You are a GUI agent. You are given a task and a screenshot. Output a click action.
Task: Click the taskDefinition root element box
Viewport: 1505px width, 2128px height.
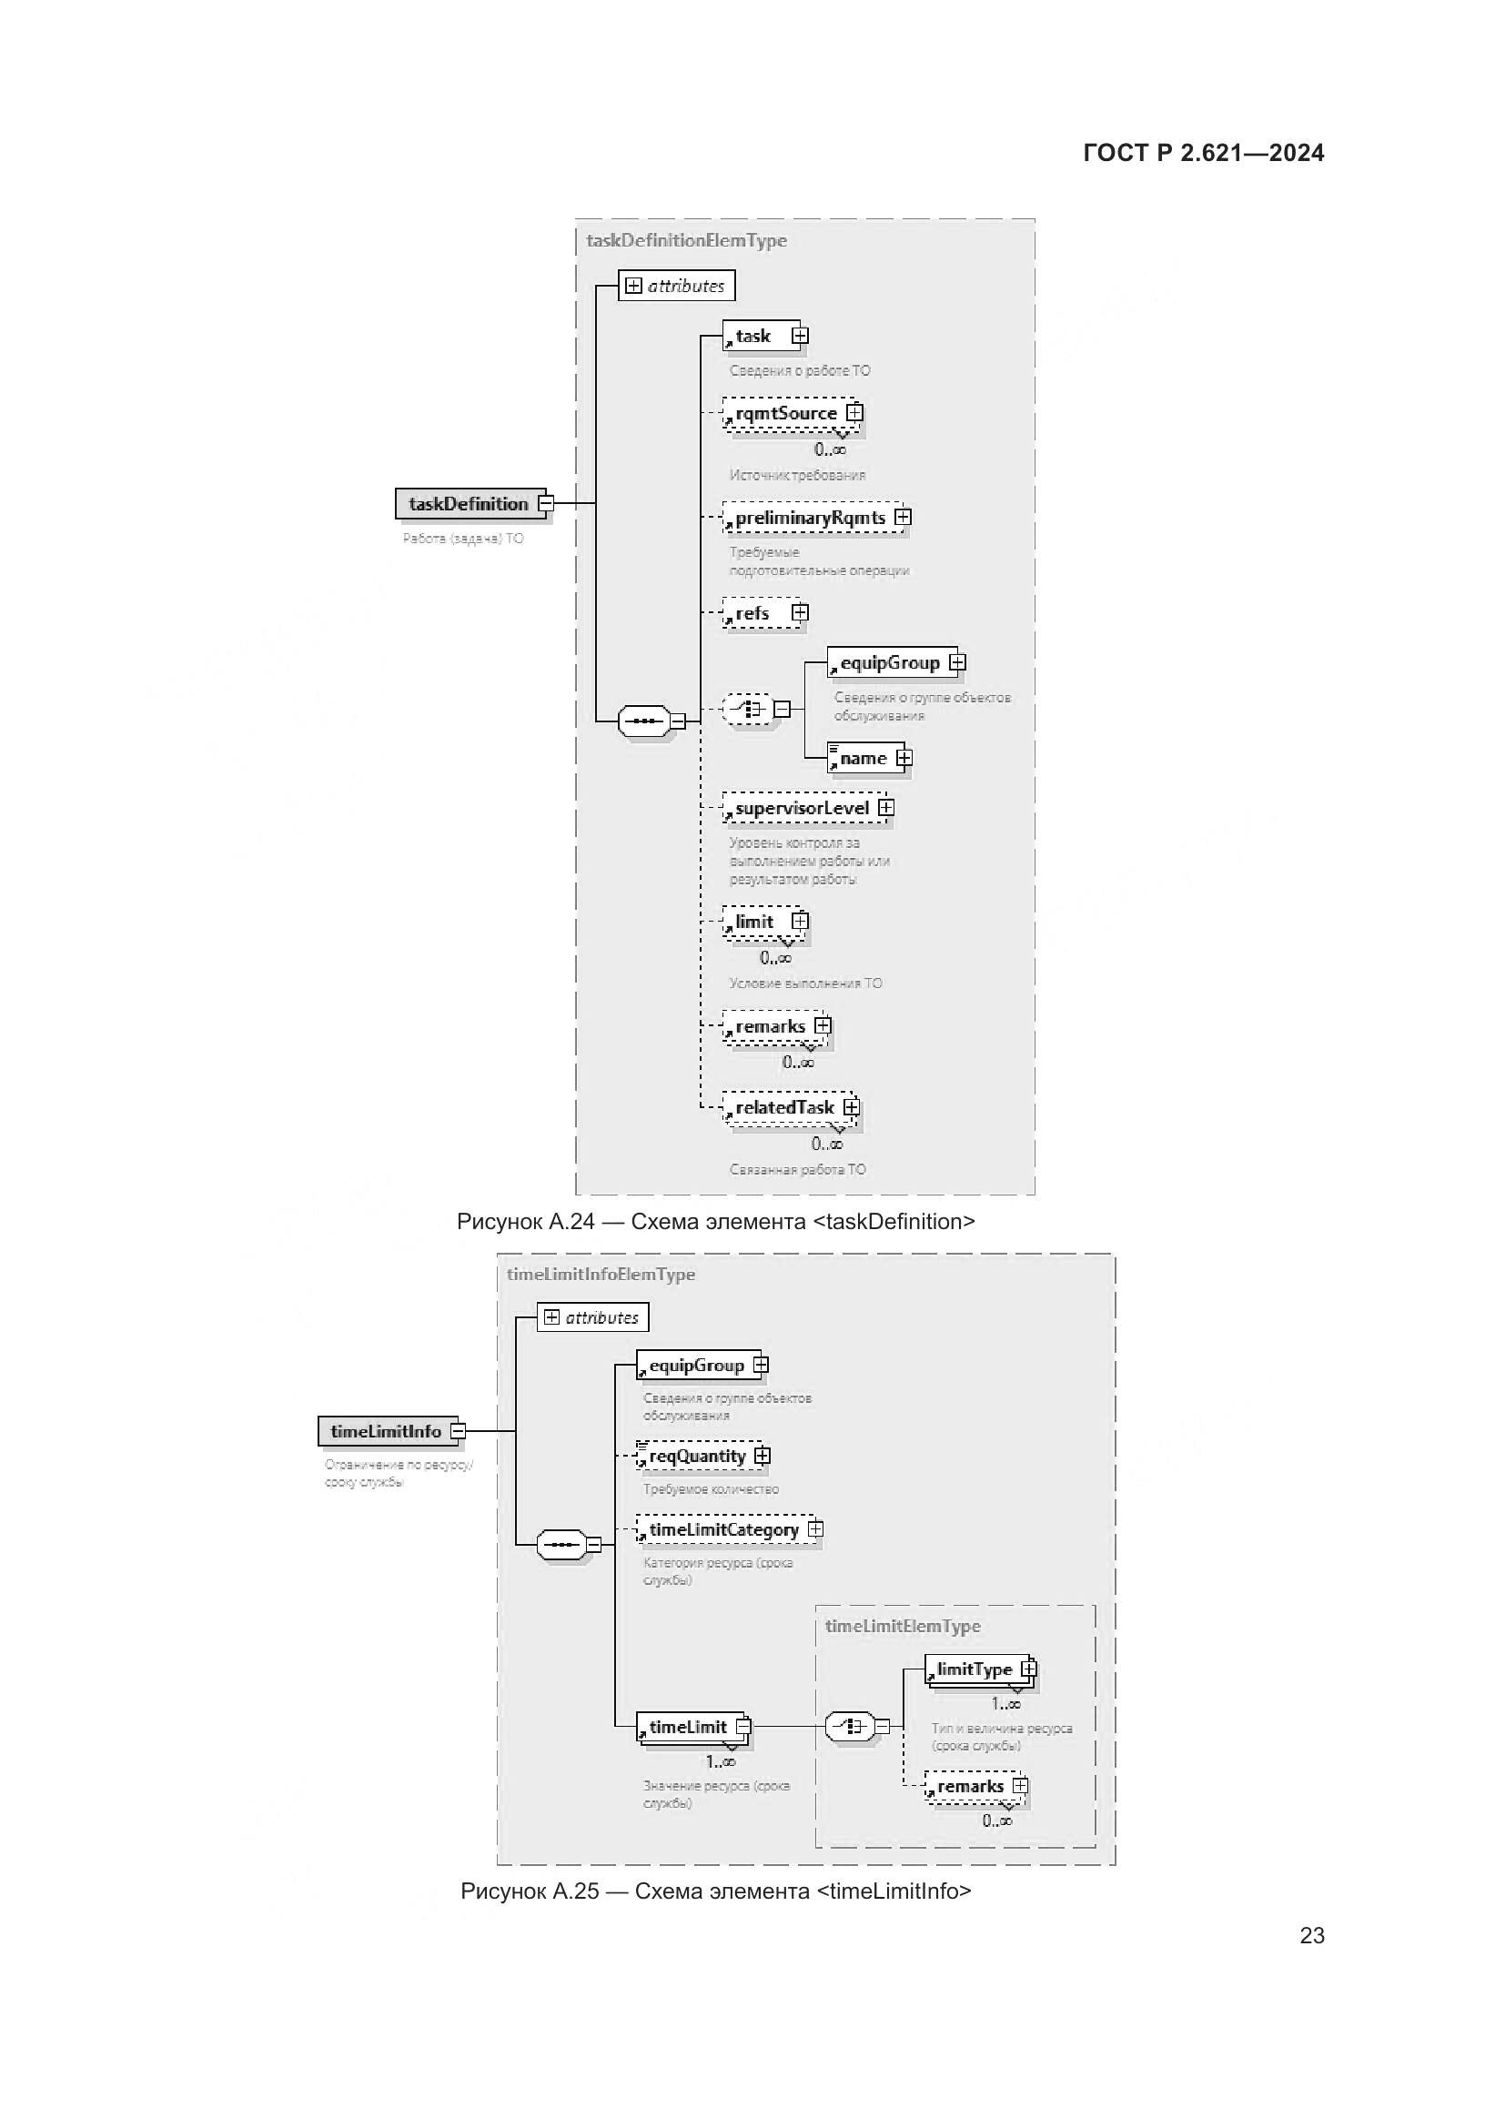tap(469, 503)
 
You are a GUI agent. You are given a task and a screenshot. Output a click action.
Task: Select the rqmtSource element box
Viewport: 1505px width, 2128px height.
tap(786, 413)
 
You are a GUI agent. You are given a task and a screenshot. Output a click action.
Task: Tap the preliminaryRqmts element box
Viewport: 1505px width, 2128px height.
tap(810, 518)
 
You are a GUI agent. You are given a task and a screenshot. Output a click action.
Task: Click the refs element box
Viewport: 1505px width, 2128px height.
tap(752, 613)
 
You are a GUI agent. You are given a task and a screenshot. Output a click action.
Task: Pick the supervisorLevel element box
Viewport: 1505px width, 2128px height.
tap(803, 808)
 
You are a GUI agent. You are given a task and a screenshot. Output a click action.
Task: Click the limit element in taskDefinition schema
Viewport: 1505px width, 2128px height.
tap(754, 923)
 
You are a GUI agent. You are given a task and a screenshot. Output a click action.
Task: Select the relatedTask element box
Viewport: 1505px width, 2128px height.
tap(785, 1107)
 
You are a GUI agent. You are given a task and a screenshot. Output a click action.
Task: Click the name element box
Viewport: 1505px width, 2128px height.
tap(863, 758)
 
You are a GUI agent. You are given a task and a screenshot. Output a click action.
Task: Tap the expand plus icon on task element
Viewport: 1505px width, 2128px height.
tap(800, 336)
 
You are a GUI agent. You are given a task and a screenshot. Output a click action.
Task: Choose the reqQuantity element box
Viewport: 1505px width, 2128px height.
tap(697, 1456)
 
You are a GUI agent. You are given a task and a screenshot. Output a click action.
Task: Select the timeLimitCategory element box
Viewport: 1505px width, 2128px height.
tap(723, 1529)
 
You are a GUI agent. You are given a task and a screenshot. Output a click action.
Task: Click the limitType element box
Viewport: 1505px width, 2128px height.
tap(974, 1669)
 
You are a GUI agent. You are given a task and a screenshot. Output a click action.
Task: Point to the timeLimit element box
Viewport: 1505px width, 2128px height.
tap(688, 1727)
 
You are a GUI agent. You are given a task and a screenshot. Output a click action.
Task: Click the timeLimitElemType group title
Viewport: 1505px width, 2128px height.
tap(902, 1626)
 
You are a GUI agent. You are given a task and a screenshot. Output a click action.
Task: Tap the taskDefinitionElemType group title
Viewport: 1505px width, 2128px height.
tap(686, 240)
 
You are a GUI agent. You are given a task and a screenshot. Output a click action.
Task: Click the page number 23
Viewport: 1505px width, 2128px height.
tap(1311, 1935)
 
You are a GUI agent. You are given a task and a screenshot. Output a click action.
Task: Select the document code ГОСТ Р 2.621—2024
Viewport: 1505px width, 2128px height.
tap(1203, 153)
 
